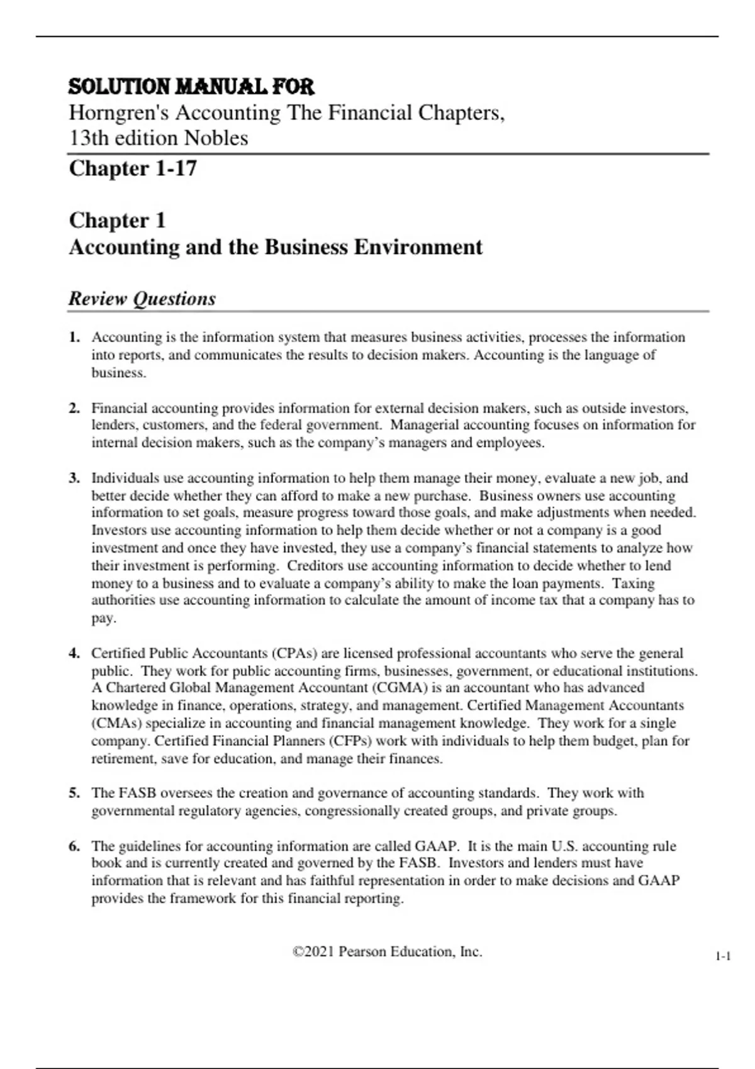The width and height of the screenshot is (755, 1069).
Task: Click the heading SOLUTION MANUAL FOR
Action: (x=191, y=86)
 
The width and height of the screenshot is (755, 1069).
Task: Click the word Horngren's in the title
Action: (x=119, y=113)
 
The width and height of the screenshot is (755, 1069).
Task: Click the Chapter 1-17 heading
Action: (x=133, y=169)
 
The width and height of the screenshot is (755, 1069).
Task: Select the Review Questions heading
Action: (x=142, y=299)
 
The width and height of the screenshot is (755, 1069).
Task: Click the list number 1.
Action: (x=74, y=337)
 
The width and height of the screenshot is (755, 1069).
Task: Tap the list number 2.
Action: (x=74, y=408)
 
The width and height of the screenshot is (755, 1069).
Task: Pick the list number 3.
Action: (x=74, y=478)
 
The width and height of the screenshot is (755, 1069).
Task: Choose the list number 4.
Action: (x=74, y=653)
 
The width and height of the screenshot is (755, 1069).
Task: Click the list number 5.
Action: (x=74, y=793)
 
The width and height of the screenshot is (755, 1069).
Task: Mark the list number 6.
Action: (x=74, y=846)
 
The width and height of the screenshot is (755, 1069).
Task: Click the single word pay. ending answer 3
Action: (x=104, y=618)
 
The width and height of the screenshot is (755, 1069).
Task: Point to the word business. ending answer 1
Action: (x=119, y=373)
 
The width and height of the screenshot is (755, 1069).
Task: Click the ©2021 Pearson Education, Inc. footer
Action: (x=388, y=952)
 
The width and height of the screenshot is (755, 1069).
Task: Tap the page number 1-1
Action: (x=723, y=957)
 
